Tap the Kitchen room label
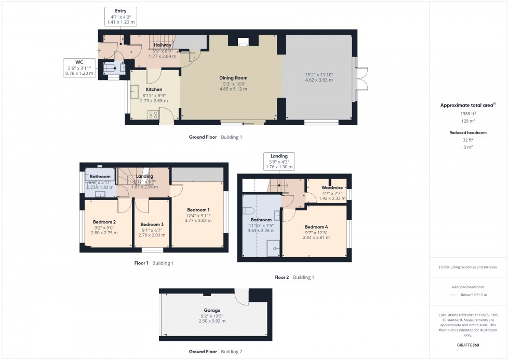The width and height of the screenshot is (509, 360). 154,89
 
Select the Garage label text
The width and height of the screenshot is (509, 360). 212,310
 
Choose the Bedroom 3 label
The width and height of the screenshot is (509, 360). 152,224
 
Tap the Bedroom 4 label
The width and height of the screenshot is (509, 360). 316,227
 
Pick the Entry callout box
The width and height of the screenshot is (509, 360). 120,17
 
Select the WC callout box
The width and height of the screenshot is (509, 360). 79,68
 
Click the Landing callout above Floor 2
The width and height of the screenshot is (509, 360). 279,161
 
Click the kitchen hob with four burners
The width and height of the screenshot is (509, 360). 154,115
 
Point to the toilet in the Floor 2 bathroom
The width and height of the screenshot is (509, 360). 248,211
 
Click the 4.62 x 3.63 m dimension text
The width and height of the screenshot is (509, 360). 319,81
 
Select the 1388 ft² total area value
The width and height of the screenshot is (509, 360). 468,113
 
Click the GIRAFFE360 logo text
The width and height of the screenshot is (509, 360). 468,345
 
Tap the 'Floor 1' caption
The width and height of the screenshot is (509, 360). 141,263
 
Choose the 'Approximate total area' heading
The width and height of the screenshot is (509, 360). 467,105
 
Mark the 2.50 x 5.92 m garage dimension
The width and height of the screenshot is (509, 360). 212,321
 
